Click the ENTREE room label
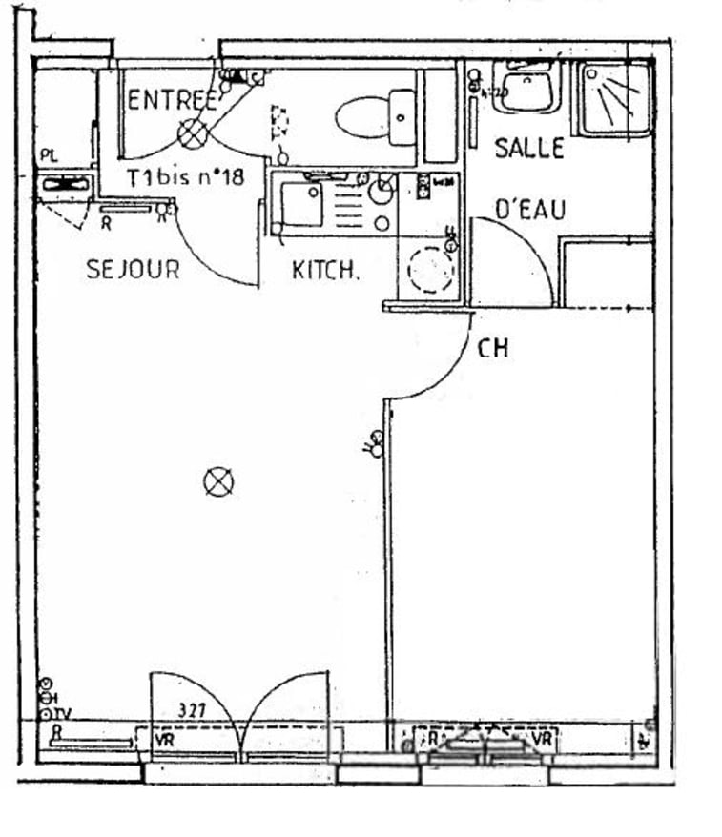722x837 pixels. coord(173,100)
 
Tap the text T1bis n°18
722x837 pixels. coord(186,177)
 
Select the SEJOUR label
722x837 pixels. coord(133,270)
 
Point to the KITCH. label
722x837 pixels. coord(325,271)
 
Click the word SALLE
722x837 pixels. coord(528,149)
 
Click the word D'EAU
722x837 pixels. coord(529,210)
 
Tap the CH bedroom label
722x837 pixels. coord(492,349)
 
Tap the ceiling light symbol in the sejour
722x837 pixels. coord(218,482)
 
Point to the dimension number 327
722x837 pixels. coord(195,710)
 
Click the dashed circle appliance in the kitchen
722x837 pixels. coord(430,270)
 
